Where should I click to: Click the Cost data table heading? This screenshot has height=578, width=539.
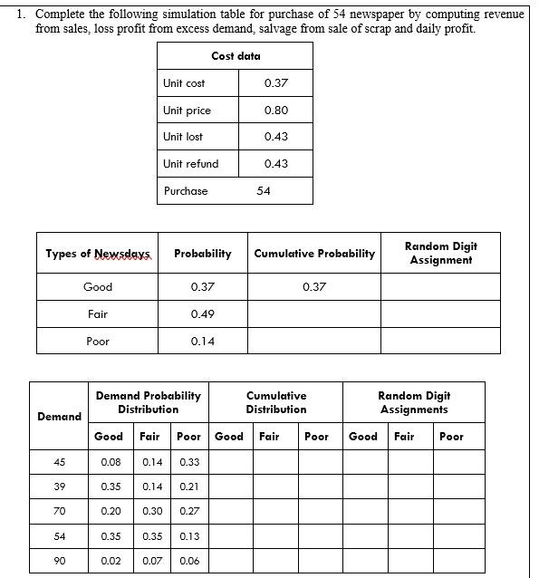[236, 56]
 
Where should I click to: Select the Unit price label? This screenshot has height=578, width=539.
[187, 111]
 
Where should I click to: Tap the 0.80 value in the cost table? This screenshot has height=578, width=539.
[276, 111]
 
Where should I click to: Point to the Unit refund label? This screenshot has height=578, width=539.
[190, 164]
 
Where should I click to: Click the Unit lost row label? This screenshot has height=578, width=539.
[183, 137]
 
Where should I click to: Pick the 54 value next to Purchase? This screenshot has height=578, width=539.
[264, 191]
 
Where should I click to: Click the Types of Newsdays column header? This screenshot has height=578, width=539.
[98, 254]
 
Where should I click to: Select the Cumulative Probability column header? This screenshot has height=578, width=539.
[314, 254]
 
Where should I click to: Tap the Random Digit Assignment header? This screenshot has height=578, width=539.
[440, 253]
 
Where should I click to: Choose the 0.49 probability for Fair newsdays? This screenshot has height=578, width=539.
[202, 313]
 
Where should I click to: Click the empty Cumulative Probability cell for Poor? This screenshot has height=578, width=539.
[314, 342]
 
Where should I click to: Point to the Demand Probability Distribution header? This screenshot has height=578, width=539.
[149, 402]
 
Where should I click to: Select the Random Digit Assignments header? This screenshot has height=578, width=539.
[414, 402]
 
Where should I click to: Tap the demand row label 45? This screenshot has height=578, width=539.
[60, 462]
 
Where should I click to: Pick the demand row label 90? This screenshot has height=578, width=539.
[60, 561]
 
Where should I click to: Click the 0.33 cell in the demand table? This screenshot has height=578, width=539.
[189, 462]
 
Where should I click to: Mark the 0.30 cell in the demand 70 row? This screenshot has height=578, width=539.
[153, 512]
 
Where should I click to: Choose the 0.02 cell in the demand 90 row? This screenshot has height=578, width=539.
[110, 561]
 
